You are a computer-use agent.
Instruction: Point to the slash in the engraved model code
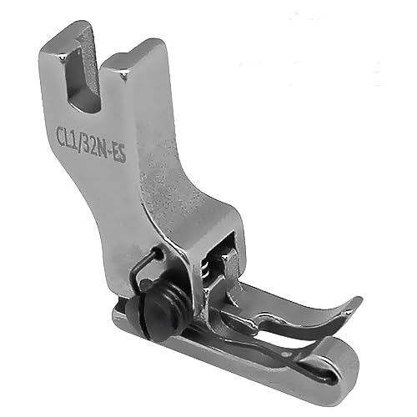pyautogui.click(x=83, y=139)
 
